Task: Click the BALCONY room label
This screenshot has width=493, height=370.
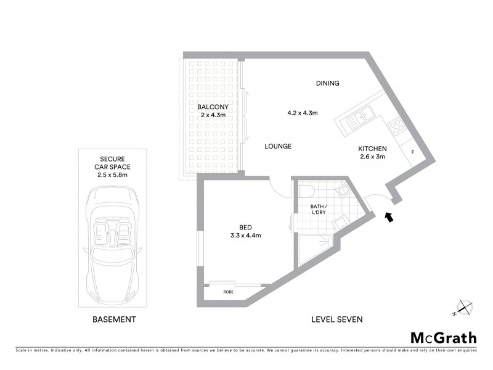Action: click(x=213, y=107)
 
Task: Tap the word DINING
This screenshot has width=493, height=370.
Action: click(x=327, y=83)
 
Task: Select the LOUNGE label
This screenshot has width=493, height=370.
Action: click(x=277, y=146)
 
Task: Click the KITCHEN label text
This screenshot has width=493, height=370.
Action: click(x=372, y=149)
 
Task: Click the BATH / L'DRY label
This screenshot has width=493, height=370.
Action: click(x=318, y=209)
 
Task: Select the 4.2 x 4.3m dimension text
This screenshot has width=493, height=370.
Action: click(x=302, y=113)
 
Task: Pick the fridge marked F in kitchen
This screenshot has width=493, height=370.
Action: click(x=412, y=150)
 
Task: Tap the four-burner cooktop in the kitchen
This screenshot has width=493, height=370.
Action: click(x=397, y=128)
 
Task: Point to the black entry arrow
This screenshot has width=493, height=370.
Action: click(x=388, y=216)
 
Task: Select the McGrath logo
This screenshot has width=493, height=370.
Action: click(x=443, y=337)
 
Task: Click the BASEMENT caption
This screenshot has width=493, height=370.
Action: click(x=113, y=319)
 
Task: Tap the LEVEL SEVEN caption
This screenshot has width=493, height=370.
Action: click(x=336, y=319)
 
